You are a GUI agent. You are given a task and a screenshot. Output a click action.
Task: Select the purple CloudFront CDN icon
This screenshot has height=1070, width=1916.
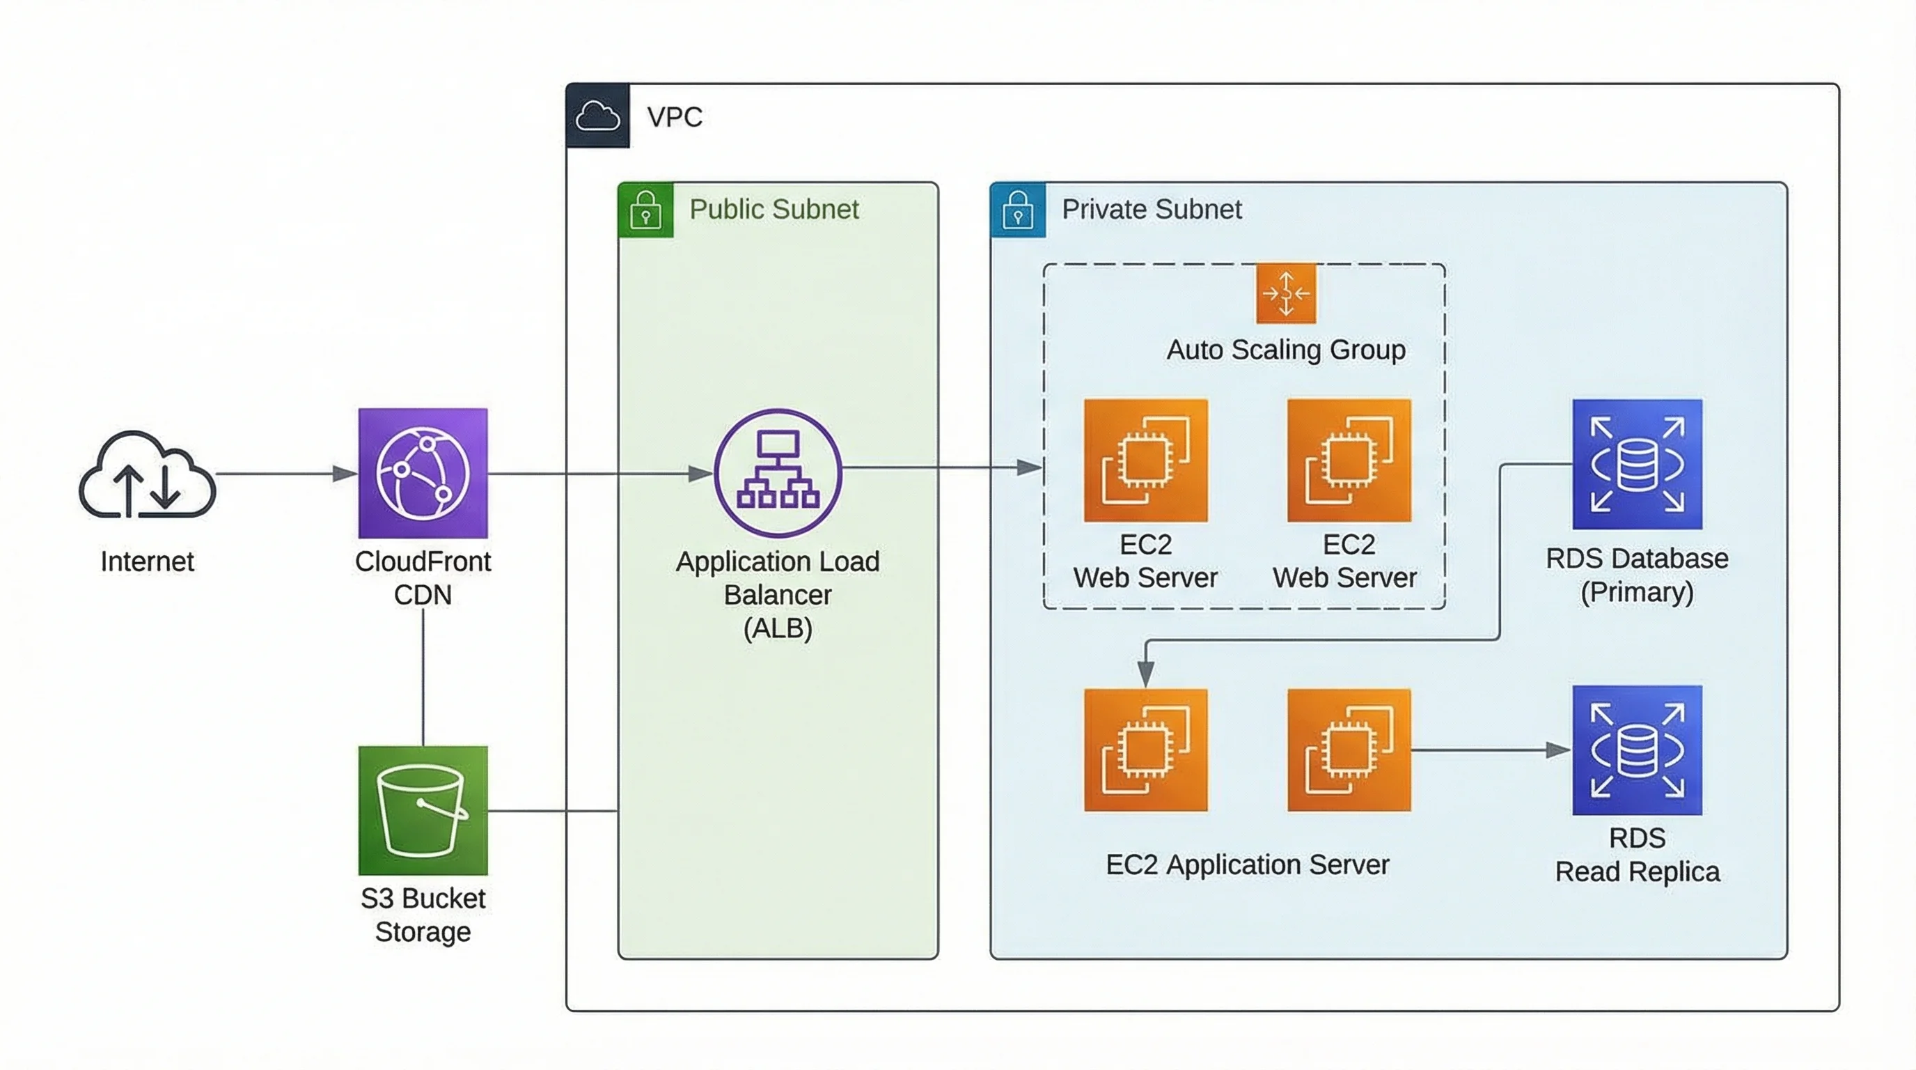pos(423,472)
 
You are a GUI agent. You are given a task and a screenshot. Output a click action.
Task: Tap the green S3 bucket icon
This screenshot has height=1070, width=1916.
pos(423,810)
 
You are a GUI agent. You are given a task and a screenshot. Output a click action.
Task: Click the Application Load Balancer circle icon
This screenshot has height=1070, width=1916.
pos(777,472)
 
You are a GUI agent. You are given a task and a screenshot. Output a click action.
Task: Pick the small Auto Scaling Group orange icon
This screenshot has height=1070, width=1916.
pos(1285,293)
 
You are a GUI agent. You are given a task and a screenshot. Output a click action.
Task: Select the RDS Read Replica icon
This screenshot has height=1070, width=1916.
pos(1636,750)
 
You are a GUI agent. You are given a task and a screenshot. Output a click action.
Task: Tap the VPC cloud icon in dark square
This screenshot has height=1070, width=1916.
pos(597,116)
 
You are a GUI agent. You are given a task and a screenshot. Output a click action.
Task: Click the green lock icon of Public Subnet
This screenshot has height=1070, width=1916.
pos(645,210)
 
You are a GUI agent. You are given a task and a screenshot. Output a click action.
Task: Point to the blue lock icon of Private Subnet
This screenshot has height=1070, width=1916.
pos(1017,210)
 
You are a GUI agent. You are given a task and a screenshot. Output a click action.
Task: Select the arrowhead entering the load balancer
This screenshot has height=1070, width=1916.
pos(700,473)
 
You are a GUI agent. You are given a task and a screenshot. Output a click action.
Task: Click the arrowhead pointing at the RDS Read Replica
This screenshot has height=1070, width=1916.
pos(1557,750)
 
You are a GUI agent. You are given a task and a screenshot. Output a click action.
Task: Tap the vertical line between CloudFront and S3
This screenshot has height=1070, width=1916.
pos(423,677)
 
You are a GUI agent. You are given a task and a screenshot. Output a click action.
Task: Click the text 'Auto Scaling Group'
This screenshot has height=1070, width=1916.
pos(1285,350)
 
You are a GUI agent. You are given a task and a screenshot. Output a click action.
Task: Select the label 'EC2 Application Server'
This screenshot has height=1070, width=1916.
pos(1247,864)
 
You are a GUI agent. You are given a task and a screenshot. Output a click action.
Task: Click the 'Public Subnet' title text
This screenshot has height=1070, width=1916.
pos(774,209)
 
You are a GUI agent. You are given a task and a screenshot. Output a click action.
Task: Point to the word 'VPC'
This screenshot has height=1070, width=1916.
pos(674,117)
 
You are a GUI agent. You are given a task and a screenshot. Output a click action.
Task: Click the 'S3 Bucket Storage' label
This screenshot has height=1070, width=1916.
pos(423,915)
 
